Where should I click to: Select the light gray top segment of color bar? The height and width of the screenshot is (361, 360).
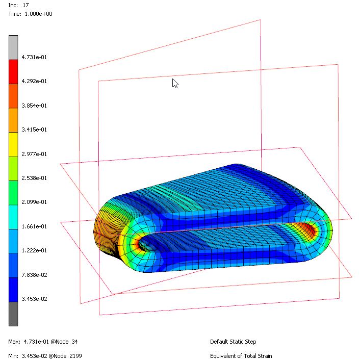pyautogui.click(x=13, y=47)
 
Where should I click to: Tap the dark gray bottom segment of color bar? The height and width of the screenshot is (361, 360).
pyautogui.click(x=13, y=313)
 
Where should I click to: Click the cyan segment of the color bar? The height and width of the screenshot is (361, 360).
pyautogui.click(x=13, y=216)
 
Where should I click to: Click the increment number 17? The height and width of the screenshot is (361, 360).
pyautogui.click(x=25, y=5)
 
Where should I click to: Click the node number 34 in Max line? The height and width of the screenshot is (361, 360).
pyautogui.click(x=74, y=342)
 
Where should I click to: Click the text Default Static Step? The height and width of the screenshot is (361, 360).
pyautogui.click(x=233, y=342)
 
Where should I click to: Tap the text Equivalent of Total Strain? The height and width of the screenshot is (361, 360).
pyautogui.click(x=241, y=356)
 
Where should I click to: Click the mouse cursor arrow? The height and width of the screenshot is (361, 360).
pyautogui.click(x=174, y=83)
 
